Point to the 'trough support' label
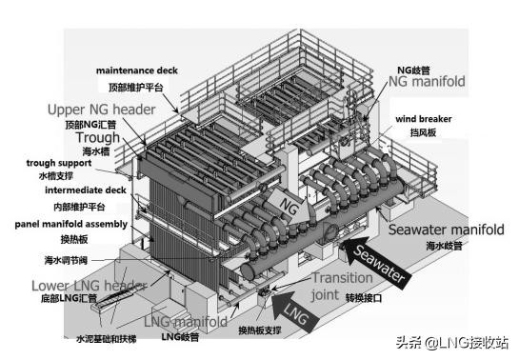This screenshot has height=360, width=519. [56, 163]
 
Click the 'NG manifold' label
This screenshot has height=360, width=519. [426, 82]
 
